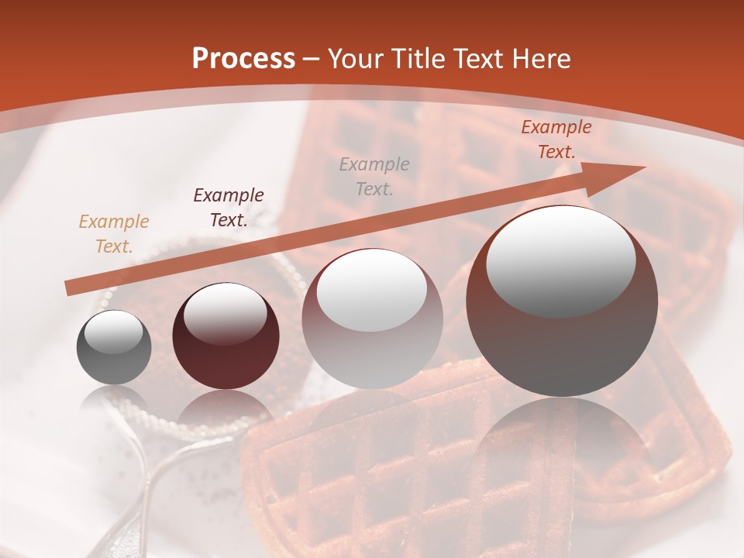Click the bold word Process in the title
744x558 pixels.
click(243, 59)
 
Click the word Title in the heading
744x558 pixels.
click(417, 59)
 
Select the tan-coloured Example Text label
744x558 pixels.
click(114, 234)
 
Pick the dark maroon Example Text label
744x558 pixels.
click(229, 208)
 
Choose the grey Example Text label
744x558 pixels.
click(374, 177)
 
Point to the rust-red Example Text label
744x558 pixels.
click(556, 139)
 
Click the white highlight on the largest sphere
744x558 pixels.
click(560, 261)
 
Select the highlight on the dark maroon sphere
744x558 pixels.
click(225, 313)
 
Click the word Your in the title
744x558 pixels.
click(353, 59)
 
